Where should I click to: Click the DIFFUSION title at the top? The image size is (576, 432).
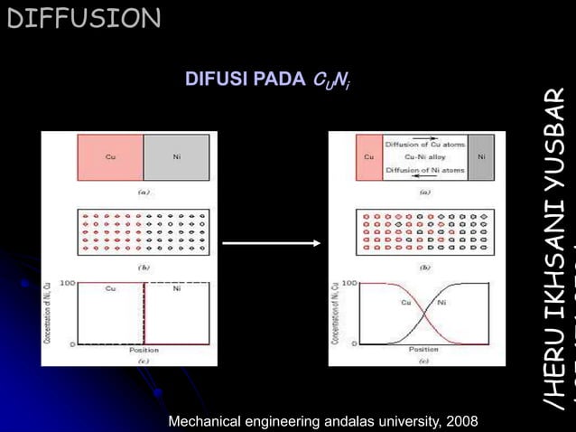(x=83, y=17)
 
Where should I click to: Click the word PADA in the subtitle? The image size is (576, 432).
(x=279, y=79)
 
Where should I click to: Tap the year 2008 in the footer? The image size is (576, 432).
(x=460, y=421)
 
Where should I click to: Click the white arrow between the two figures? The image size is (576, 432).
(x=272, y=242)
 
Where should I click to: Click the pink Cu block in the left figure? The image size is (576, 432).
(x=110, y=156)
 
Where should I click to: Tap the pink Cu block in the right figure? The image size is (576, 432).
(x=368, y=156)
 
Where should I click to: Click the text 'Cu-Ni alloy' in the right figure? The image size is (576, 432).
(x=425, y=157)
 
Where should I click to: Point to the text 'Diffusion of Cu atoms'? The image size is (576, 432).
(x=425, y=144)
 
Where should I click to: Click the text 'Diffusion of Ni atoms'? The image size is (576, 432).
(x=425, y=170)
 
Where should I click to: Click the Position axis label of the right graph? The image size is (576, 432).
(x=423, y=349)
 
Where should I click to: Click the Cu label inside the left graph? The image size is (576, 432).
(x=110, y=289)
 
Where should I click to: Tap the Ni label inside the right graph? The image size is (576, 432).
(x=441, y=303)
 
